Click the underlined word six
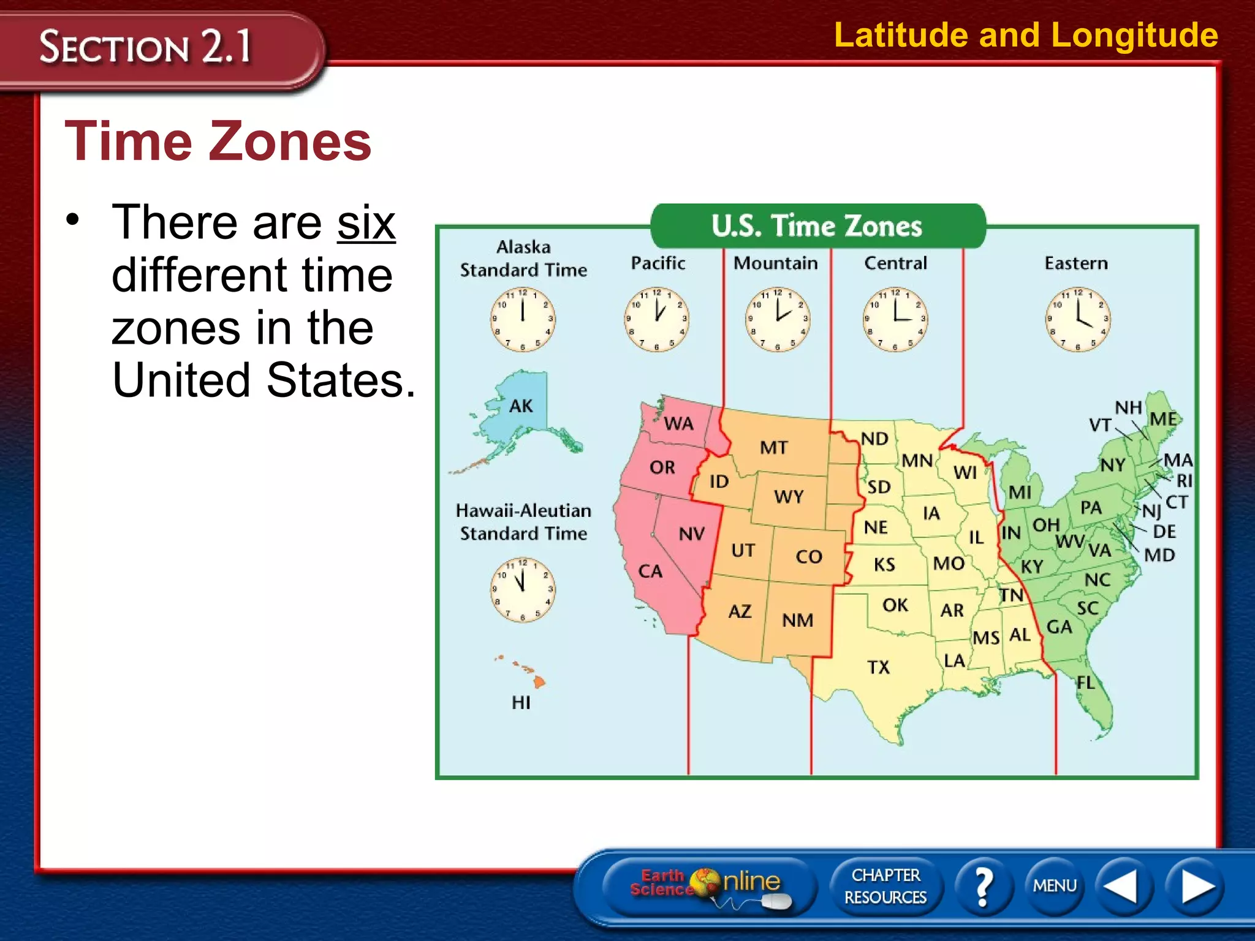pyautogui.click(x=366, y=223)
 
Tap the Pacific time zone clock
pyautogui.click(x=656, y=319)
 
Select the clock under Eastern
pyautogui.click(x=1077, y=319)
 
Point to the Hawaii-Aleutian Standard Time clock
pyautogui.click(x=522, y=589)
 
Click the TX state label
pyautogui.click(x=878, y=667)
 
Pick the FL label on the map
pyautogui.click(x=1085, y=682)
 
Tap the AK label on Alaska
pyautogui.click(x=521, y=406)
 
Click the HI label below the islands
pyautogui.click(x=521, y=703)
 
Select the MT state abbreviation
pyautogui.click(x=773, y=448)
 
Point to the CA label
pyautogui.click(x=650, y=572)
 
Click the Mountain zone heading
pyautogui.click(x=775, y=263)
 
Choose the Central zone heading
pyautogui.click(x=895, y=263)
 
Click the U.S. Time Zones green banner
pyautogui.click(x=817, y=226)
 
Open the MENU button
pyautogui.click(x=1054, y=886)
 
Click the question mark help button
pyautogui.click(x=983, y=886)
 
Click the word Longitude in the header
pyautogui.click(x=1134, y=35)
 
